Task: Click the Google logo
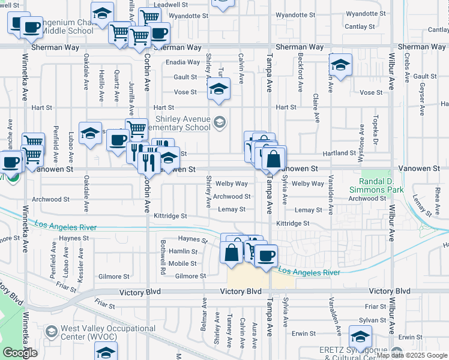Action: [20, 353]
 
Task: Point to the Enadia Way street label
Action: [184, 62]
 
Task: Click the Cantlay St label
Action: [360, 26]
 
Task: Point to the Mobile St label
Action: [182, 263]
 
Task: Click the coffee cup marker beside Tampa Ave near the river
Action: [266, 257]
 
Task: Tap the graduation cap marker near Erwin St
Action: [360, 337]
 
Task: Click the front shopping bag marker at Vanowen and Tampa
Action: [274, 159]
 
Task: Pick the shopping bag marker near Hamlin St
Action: [232, 253]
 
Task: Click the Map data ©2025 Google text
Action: [411, 355]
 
